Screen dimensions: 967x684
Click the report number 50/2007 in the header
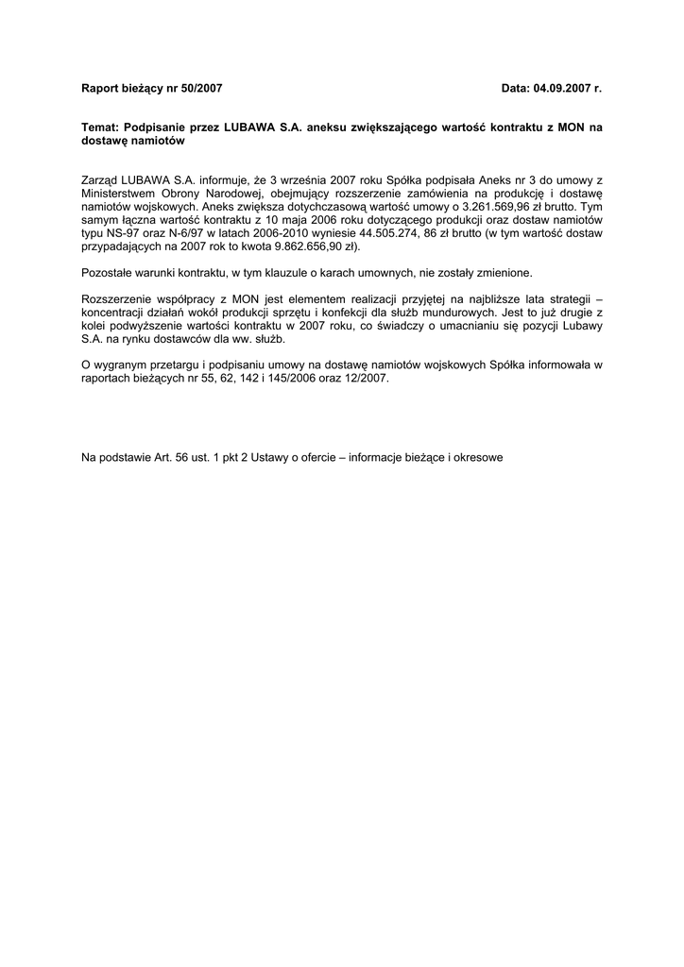[200, 88]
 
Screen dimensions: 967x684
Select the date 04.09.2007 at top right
[557, 88]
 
